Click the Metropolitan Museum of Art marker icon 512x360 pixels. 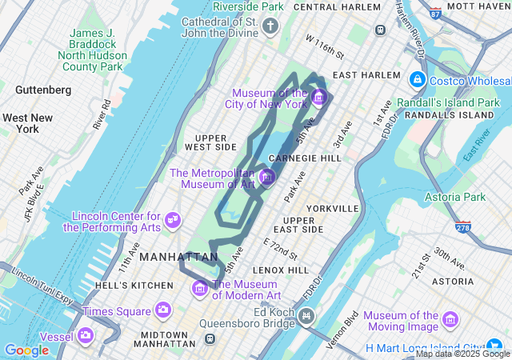click(267, 176)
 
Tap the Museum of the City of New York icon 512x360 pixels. click(318, 98)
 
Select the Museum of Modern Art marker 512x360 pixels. click(200, 288)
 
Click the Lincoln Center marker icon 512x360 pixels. click(172, 218)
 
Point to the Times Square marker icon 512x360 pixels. click(163, 310)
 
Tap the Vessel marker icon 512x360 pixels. click(85, 335)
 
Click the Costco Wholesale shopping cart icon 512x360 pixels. click(417, 80)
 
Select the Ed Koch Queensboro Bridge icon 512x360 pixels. click(306, 318)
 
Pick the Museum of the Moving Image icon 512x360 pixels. click(450, 320)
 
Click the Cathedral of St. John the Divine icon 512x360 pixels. click(270, 27)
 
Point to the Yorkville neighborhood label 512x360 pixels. click(332, 208)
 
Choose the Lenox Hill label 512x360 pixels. click(280, 270)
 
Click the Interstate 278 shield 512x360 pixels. click(462, 227)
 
